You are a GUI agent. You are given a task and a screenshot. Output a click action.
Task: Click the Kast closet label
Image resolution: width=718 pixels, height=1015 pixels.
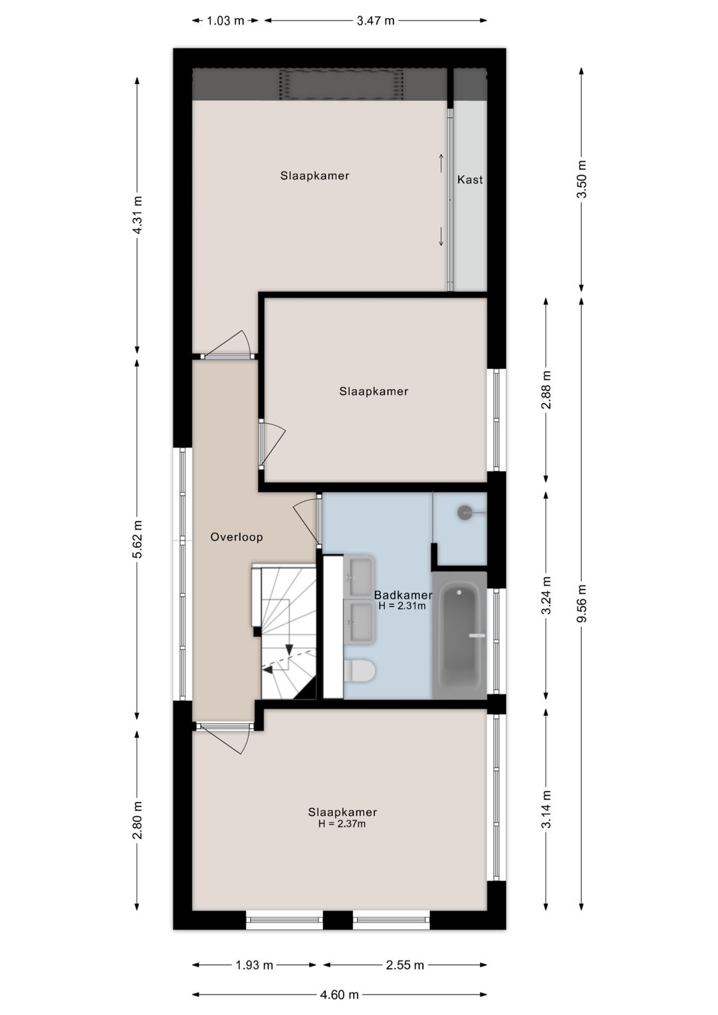(470, 180)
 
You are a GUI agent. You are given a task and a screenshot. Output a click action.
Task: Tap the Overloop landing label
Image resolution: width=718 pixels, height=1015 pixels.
(237, 537)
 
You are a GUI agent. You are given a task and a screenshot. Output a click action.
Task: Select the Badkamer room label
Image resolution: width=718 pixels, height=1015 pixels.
(403, 595)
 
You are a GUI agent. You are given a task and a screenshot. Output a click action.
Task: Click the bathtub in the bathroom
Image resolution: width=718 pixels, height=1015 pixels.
(460, 635)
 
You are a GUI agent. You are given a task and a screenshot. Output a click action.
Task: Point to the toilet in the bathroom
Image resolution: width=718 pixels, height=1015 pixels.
(359, 670)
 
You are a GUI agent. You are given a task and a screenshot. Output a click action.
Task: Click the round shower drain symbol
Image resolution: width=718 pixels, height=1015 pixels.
(465, 512)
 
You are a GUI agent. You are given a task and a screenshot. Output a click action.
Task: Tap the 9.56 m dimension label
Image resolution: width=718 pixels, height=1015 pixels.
(582, 603)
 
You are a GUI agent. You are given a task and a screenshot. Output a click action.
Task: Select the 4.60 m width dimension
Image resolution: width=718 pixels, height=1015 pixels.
(339, 994)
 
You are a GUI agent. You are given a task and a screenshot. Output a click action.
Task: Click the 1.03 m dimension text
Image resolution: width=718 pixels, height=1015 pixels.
(225, 21)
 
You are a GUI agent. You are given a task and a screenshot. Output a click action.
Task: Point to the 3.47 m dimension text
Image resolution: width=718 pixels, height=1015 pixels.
(376, 21)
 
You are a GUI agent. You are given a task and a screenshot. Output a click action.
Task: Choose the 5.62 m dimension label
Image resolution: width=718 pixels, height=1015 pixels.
(137, 539)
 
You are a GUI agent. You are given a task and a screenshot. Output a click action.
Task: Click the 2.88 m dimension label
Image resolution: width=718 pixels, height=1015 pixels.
(546, 390)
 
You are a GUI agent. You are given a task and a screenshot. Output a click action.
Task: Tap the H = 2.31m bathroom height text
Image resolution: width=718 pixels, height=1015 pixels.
(402, 606)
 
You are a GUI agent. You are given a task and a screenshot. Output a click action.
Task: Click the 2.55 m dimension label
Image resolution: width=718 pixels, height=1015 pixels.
(405, 964)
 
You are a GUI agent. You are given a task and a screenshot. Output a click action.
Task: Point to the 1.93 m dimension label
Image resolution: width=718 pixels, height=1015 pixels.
(254, 964)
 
